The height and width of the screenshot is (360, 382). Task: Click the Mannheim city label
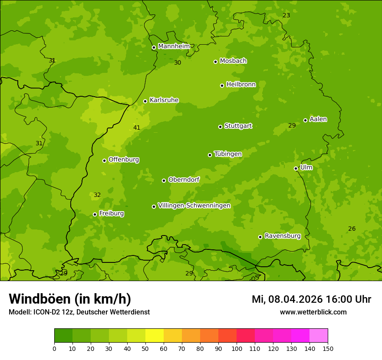point(174,46)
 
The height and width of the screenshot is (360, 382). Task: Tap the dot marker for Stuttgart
point(220,127)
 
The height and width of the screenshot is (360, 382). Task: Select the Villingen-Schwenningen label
point(194,206)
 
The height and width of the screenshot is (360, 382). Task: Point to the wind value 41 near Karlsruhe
point(137,128)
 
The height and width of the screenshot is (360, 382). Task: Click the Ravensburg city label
point(283,236)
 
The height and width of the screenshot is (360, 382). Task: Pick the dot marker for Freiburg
point(95,214)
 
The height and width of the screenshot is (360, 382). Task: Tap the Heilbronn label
point(241,85)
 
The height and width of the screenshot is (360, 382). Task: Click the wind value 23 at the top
point(286,15)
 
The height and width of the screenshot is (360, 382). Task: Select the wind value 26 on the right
point(352,229)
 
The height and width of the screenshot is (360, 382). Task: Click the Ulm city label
point(306,167)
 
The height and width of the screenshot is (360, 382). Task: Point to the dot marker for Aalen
point(305,120)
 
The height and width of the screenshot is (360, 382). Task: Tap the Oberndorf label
point(184,180)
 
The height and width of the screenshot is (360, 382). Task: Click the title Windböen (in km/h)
point(70,299)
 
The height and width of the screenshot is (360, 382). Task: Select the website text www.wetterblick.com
point(313,312)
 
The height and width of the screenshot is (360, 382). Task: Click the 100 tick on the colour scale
point(237,348)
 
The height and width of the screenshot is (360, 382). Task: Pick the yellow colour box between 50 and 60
point(155,336)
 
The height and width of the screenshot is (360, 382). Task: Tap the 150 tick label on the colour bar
point(328,348)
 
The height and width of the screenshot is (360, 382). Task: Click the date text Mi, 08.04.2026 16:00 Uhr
point(311,299)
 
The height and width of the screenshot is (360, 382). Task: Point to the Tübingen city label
point(228,154)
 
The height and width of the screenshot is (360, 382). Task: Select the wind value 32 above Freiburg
point(97,195)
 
